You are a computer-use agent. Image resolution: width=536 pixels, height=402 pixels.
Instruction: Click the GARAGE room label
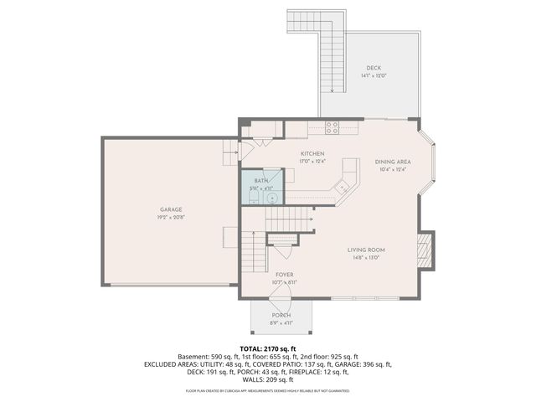[171, 209]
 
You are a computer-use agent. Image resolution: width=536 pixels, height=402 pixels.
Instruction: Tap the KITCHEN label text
[312, 154]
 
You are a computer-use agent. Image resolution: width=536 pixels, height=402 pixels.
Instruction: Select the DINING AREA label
[392, 162]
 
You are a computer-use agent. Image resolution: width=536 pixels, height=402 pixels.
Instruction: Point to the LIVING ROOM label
[366, 250]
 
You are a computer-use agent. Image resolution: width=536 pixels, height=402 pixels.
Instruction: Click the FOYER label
[284, 275]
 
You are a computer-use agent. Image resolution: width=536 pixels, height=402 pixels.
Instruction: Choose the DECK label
[374, 68]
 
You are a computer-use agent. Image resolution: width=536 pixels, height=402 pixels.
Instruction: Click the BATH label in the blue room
[261, 181]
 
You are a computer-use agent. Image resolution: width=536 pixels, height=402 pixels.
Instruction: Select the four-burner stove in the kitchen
[332, 128]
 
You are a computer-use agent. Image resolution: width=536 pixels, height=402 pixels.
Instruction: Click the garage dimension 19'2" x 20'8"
[171, 217]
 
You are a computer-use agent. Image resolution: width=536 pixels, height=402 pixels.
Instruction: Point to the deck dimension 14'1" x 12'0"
[374, 75]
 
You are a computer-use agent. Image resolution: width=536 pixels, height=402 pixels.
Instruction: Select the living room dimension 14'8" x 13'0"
[366, 257]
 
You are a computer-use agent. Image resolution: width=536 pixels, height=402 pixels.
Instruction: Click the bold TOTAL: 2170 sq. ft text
[268, 348]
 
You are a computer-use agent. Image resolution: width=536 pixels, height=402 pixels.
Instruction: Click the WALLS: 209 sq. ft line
[268, 380]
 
